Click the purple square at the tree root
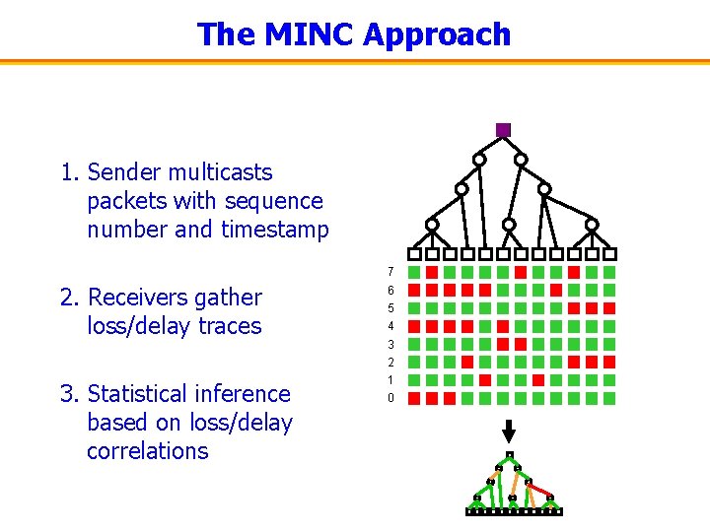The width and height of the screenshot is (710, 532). click(503, 130)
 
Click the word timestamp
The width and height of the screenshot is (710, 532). click(275, 230)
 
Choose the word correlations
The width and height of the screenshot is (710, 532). click(147, 451)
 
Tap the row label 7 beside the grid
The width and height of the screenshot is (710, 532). click(390, 272)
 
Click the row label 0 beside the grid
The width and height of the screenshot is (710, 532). click(390, 398)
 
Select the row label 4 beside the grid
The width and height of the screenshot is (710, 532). click(390, 326)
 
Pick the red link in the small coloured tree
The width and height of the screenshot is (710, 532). click(539, 488)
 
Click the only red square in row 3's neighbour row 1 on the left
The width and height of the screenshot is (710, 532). click(485, 380)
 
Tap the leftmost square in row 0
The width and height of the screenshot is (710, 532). click(414, 398)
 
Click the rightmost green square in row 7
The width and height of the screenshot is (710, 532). click(609, 272)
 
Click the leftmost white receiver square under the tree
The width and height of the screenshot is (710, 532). click(414, 254)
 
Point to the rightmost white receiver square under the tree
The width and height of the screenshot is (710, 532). click(609, 254)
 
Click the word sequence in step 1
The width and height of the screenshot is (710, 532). click(275, 201)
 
